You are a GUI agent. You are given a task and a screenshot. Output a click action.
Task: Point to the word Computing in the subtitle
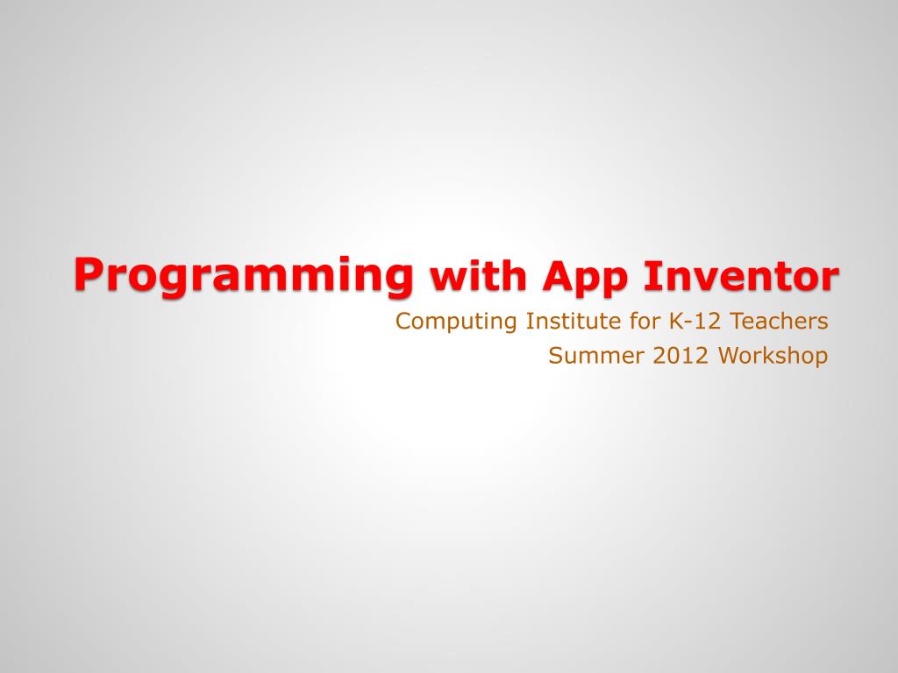(x=457, y=322)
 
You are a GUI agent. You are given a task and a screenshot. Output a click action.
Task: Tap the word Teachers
(x=780, y=321)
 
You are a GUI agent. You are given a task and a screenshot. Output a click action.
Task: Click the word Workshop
(x=773, y=358)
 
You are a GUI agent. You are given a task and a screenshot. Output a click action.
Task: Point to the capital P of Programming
(x=87, y=273)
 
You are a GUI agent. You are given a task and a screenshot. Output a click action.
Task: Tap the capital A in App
(x=556, y=276)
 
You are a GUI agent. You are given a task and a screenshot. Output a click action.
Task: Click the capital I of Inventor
(x=651, y=276)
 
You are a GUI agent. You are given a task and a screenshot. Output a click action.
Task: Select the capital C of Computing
(x=403, y=321)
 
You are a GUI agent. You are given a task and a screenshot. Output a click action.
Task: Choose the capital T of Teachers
(x=736, y=321)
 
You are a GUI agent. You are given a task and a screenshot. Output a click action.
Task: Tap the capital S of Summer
(x=554, y=356)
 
